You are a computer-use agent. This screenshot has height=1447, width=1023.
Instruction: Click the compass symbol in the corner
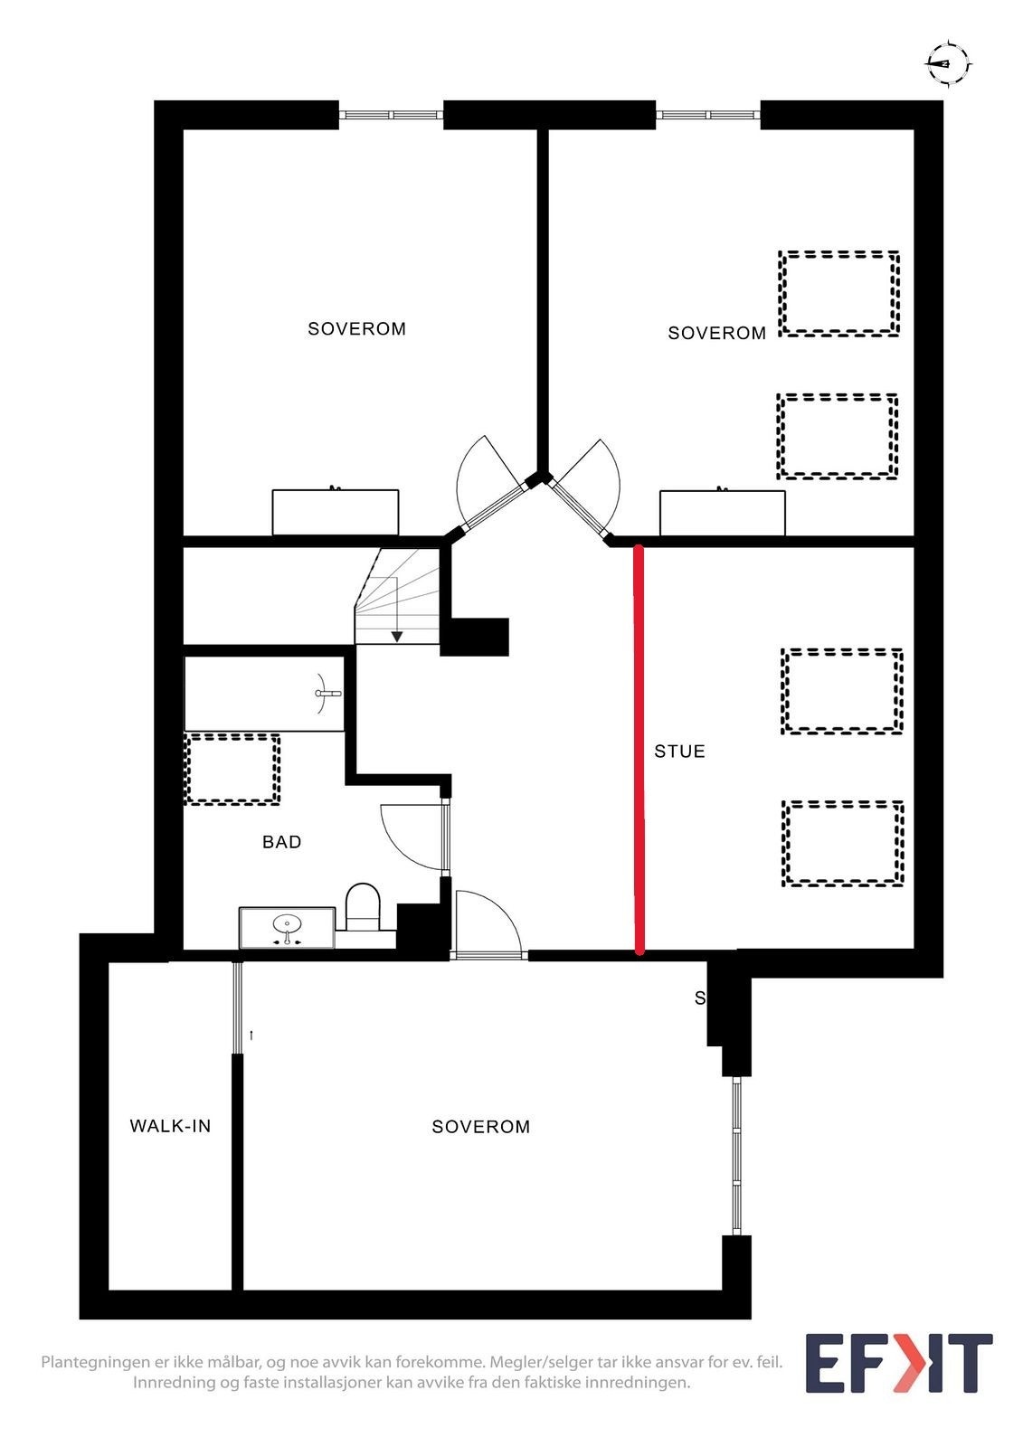click(x=947, y=63)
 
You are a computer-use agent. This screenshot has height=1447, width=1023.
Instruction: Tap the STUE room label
click(x=679, y=752)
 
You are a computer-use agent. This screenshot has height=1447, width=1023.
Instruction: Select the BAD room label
click(x=281, y=842)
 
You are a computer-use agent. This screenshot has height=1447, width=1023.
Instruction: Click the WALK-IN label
click(x=170, y=1126)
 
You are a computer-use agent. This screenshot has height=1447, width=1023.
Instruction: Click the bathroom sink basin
click(x=287, y=925)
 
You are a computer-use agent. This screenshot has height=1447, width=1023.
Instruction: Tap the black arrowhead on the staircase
click(x=396, y=637)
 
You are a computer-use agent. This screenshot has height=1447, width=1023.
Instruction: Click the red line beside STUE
click(x=639, y=751)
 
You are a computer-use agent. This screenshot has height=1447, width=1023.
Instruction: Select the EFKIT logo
click(x=898, y=1363)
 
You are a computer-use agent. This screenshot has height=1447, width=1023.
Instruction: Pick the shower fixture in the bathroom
click(x=327, y=694)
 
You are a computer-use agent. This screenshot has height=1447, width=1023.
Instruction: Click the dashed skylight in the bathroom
click(x=232, y=769)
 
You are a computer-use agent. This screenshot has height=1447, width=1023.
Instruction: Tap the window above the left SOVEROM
click(x=391, y=115)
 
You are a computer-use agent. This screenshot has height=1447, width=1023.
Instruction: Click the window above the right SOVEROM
click(x=707, y=115)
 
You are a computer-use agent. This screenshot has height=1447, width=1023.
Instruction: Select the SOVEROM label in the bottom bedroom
click(x=480, y=1127)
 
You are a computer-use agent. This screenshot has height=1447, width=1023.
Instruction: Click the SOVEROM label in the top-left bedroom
click(x=356, y=329)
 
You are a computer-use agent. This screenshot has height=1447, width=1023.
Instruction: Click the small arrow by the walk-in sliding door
click(x=251, y=1034)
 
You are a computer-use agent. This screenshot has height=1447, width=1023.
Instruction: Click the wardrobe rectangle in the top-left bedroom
click(x=336, y=513)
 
